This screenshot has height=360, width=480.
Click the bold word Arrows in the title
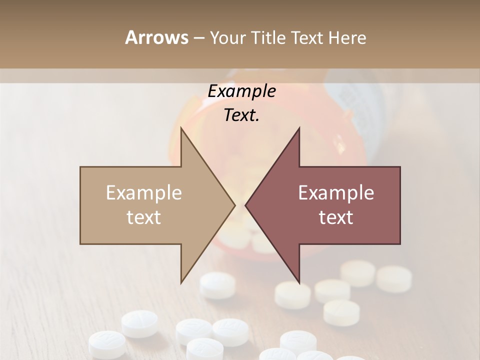(156, 37)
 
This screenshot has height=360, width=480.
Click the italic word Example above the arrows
(242, 91)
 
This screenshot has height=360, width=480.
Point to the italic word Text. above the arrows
(242, 115)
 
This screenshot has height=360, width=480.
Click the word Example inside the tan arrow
(144, 193)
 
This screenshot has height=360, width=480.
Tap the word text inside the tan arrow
(144, 217)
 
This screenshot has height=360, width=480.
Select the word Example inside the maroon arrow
(336, 193)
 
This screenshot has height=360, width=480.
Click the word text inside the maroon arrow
(336, 217)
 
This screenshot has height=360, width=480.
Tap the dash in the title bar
(198, 37)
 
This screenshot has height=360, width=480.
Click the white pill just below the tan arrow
(217, 285)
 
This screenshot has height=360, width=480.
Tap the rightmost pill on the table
(394, 278)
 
